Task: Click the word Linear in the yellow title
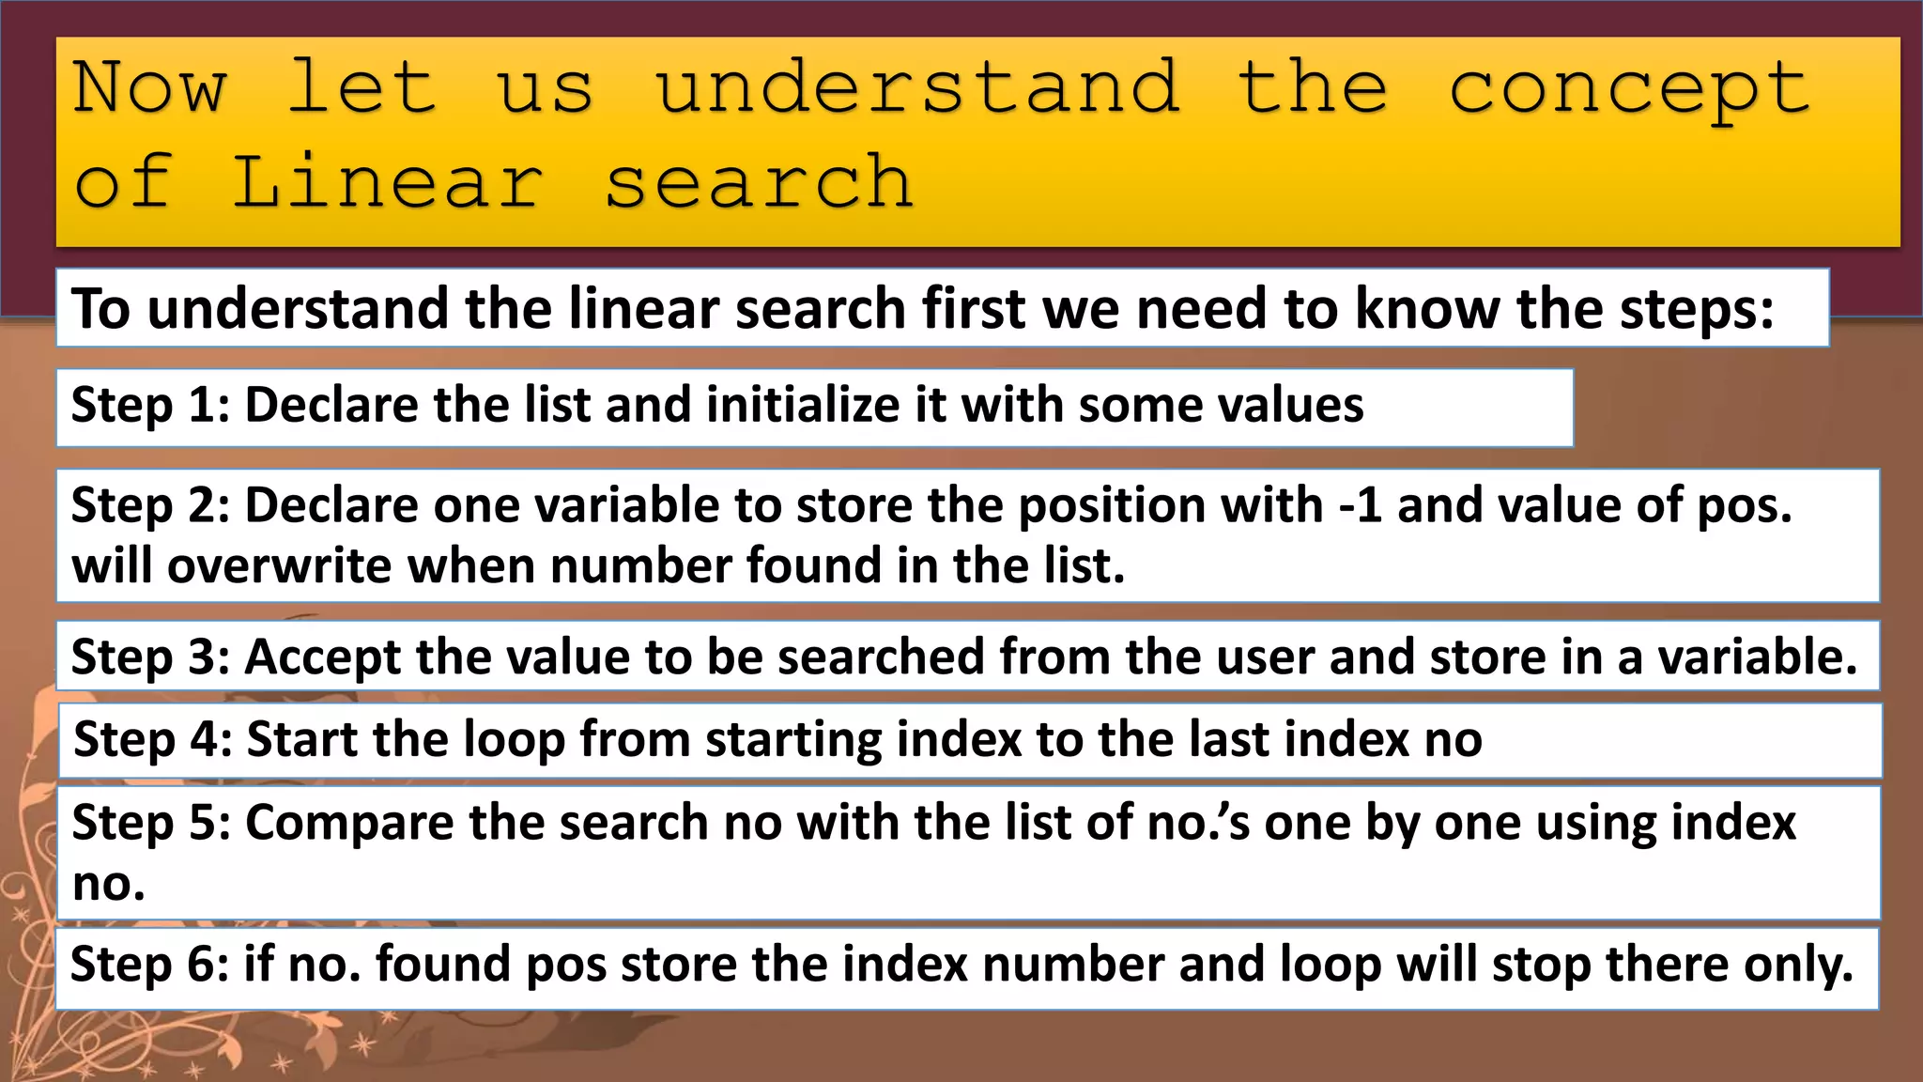point(387,181)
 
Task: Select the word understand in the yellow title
point(916,87)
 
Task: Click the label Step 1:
point(150,406)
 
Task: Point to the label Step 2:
point(150,506)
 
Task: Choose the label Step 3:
point(150,657)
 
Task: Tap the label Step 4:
point(152,739)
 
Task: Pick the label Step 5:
point(151,823)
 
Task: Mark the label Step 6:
point(149,965)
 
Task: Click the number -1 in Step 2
point(1360,506)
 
